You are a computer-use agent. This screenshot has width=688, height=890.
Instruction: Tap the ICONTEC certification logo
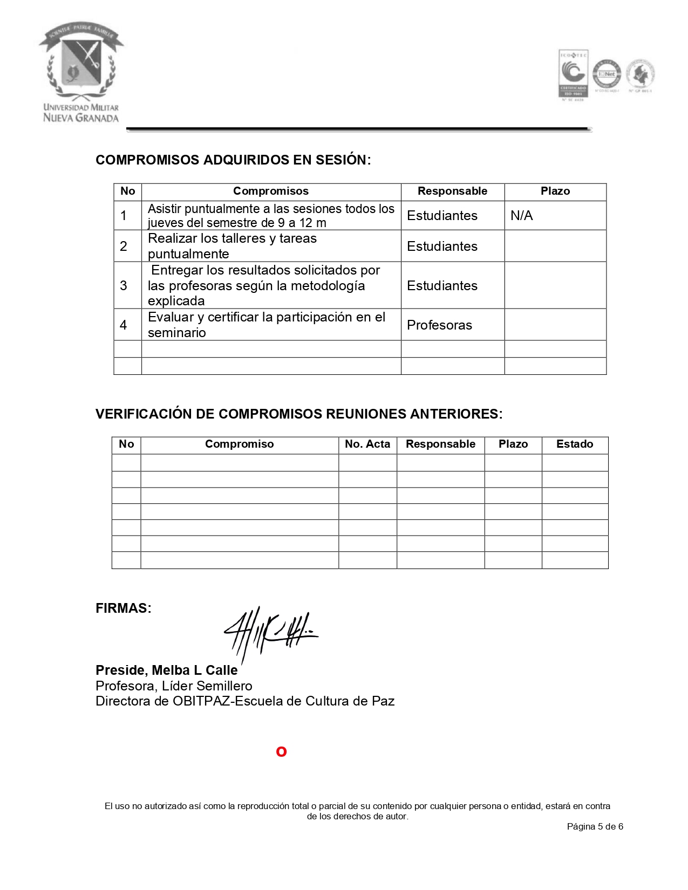[573, 75]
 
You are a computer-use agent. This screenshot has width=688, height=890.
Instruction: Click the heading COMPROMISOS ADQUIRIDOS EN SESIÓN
[233, 160]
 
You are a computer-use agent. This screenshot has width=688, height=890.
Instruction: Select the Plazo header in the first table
[555, 191]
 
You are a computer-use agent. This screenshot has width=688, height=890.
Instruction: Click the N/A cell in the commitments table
[522, 216]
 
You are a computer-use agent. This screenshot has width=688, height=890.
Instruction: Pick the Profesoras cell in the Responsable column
[439, 325]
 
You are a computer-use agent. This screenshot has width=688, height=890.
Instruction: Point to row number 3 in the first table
[124, 285]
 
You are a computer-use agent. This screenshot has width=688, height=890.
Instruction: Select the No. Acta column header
[367, 444]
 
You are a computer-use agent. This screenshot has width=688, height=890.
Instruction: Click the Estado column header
[575, 444]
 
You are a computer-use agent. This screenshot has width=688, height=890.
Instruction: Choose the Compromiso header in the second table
[239, 444]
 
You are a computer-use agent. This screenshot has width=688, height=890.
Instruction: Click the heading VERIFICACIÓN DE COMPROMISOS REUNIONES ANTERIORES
[299, 414]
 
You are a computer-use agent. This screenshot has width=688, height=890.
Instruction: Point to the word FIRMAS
[123, 608]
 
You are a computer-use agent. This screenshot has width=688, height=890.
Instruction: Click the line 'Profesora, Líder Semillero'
[174, 686]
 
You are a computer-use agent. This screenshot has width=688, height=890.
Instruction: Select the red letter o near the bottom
[281, 752]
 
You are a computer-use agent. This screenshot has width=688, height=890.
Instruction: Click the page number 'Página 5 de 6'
[595, 827]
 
